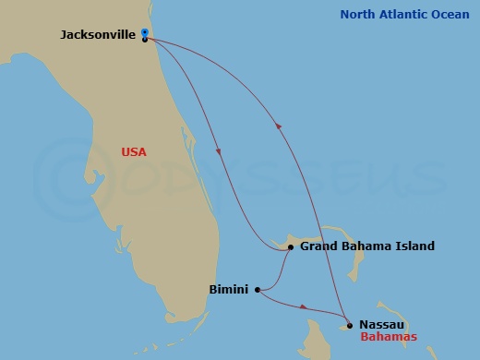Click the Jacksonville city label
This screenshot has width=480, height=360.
(98, 34)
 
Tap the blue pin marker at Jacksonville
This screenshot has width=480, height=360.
(145, 33)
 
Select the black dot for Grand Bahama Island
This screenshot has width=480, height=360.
(290, 246)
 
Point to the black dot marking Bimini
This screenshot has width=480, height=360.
(258, 289)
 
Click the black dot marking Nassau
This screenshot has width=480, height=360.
(349, 325)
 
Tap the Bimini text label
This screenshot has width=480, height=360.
(228, 289)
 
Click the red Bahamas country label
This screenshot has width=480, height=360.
(389, 337)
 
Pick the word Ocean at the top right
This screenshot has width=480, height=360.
(451, 14)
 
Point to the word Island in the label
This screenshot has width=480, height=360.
(414, 246)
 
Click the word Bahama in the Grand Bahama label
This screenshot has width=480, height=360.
(368, 246)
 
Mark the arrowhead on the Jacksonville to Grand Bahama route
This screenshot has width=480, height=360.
(219, 152)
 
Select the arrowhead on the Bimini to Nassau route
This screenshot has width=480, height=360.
(304, 306)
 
